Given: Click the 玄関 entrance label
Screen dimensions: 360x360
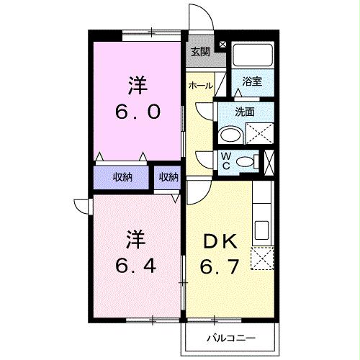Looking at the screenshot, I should click(x=201, y=51).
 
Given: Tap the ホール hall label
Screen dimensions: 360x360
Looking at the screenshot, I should click(x=200, y=86).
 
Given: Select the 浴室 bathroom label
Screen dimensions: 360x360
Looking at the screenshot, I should click(x=252, y=82).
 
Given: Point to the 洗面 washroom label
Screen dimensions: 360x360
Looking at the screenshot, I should click(x=246, y=112).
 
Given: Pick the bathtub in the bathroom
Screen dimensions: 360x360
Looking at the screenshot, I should click(x=253, y=56).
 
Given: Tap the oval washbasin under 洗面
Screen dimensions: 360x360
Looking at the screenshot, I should click(x=231, y=135).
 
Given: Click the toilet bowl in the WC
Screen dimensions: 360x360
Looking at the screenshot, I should click(x=246, y=161).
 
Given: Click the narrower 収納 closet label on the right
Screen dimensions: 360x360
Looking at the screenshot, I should click(x=168, y=177).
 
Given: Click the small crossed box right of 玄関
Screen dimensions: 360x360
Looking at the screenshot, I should click(x=222, y=45).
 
